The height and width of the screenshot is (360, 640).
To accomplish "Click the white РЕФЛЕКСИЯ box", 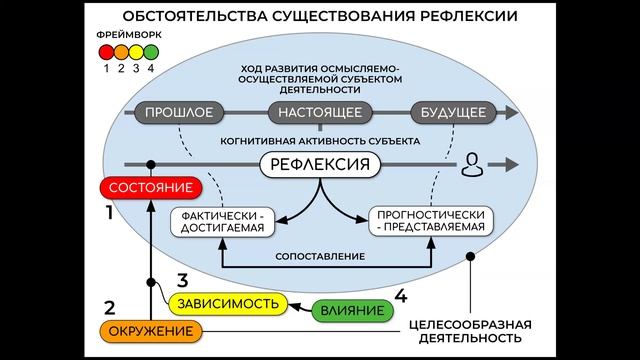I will click(321, 164).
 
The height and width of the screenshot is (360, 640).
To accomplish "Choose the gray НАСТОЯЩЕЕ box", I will click(320, 112).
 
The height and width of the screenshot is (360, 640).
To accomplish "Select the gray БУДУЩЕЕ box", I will click(447, 112).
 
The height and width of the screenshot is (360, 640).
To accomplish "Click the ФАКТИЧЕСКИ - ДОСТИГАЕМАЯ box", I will click(222, 220).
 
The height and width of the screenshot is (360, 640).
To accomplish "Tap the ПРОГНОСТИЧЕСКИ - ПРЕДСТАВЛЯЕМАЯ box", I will click(429, 220).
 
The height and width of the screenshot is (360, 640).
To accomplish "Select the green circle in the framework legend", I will click(152, 51).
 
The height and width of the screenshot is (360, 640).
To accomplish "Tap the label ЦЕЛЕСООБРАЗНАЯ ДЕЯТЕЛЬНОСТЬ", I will click(470, 332).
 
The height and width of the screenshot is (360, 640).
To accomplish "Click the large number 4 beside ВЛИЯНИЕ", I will click(400, 295).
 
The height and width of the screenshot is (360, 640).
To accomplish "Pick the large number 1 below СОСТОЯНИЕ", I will click(107, 212).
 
